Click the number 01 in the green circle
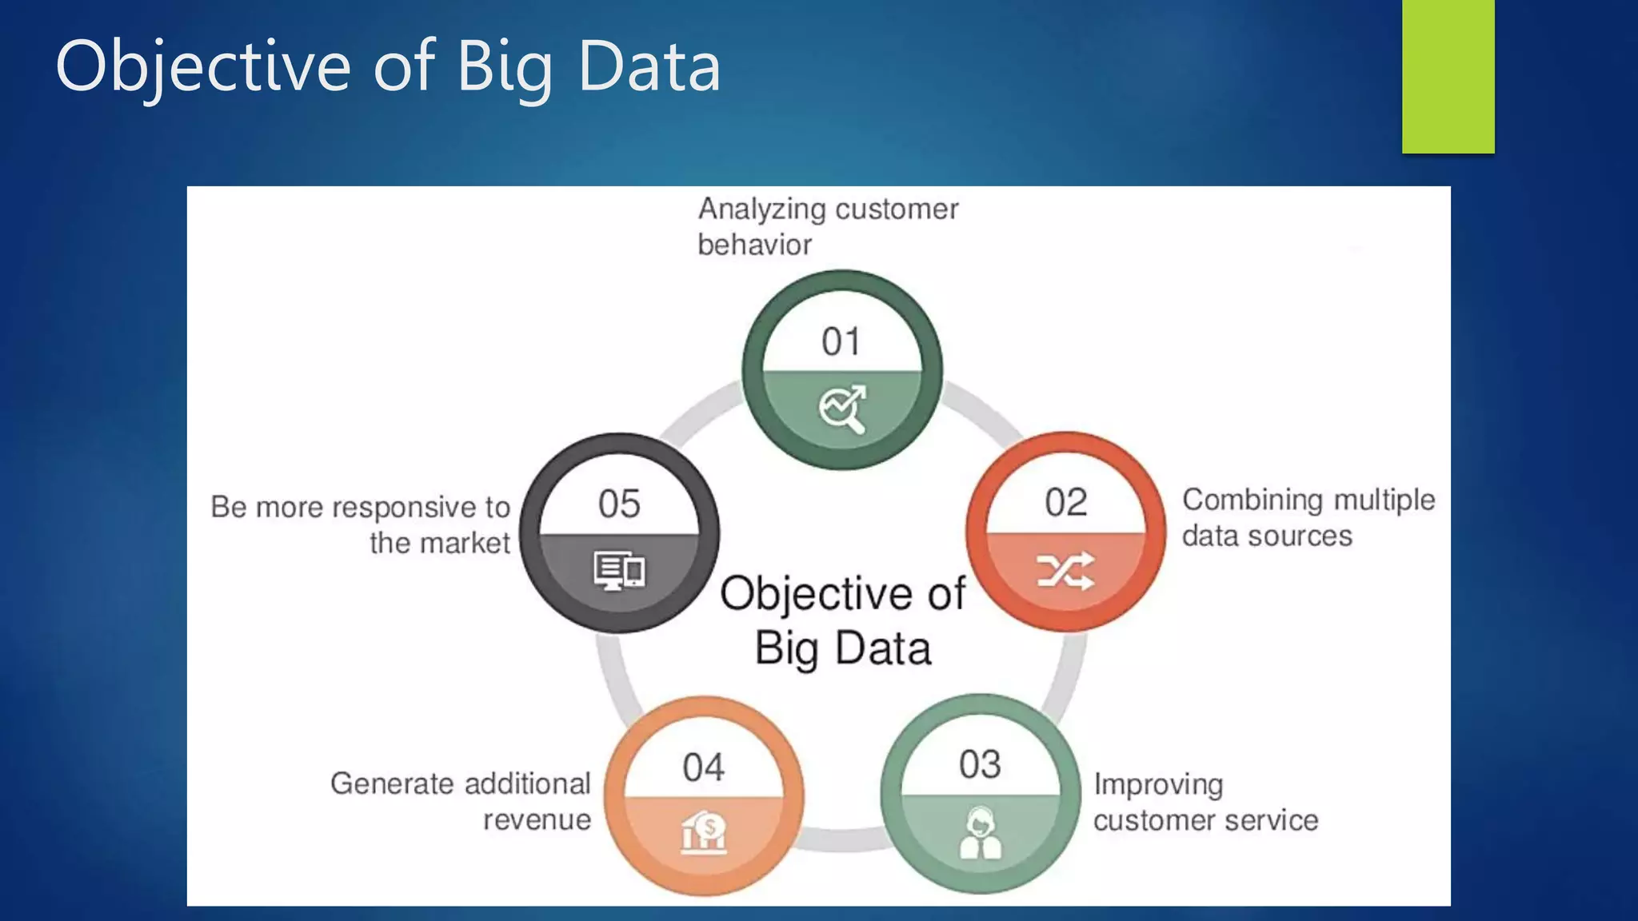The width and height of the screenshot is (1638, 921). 841,342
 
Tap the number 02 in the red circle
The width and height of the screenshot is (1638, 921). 1065,503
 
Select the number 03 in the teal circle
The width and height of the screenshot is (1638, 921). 980,764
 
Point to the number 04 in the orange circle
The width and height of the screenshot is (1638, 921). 703,767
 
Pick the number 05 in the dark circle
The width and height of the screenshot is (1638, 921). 619,504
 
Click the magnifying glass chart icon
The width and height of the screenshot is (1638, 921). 842,409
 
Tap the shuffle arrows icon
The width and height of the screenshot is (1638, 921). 1065,571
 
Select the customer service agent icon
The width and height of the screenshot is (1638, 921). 980,833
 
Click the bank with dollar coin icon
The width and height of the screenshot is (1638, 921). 704,832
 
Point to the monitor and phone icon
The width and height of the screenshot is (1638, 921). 619,571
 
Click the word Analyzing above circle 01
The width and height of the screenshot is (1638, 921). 761,209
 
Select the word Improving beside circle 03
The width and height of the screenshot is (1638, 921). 1158,785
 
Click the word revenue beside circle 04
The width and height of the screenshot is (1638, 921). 537,819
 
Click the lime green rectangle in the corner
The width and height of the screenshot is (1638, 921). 1448,76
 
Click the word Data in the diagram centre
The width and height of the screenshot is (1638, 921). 883,648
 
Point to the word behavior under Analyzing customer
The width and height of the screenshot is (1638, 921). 754,245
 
